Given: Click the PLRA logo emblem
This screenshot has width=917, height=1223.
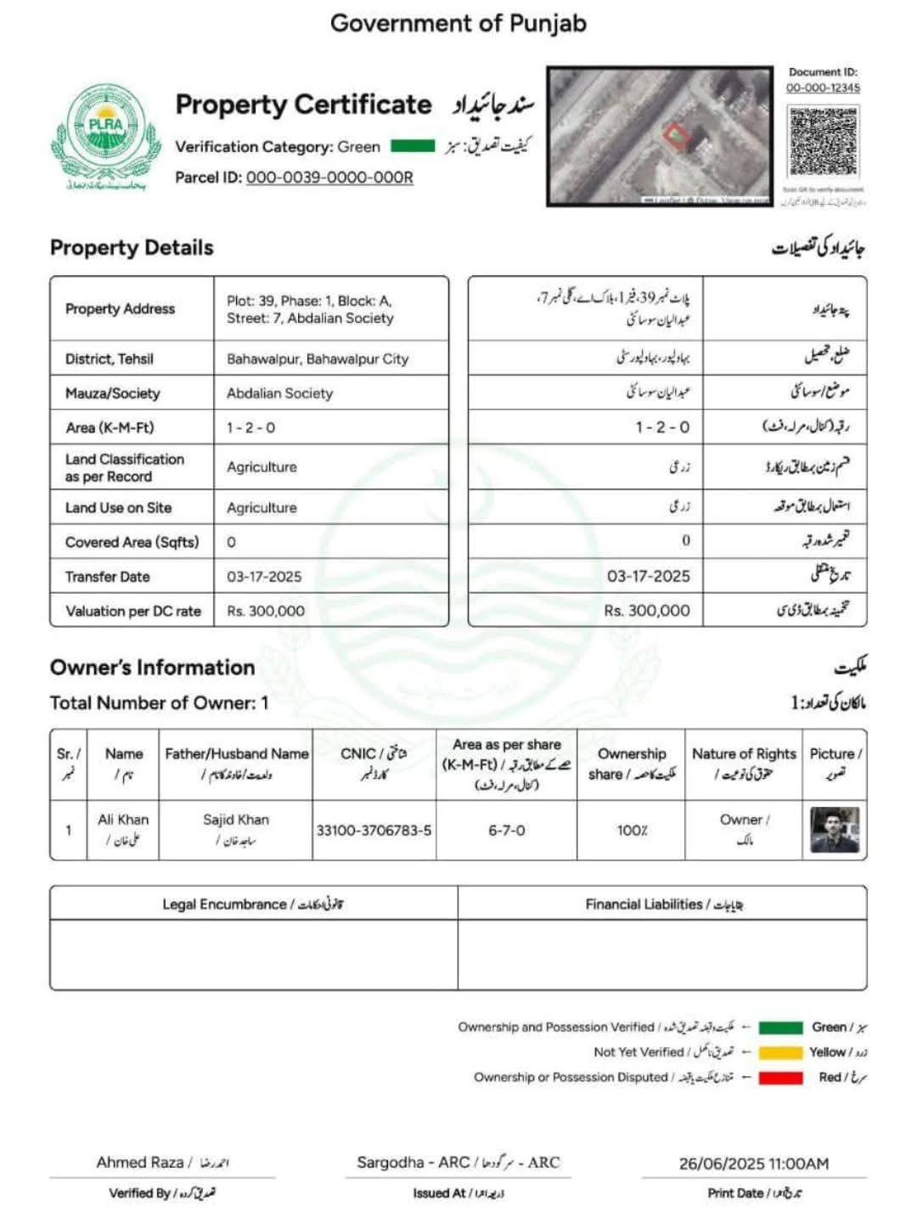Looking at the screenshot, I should (105, 135).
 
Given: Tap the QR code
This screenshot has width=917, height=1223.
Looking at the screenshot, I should (822, 141).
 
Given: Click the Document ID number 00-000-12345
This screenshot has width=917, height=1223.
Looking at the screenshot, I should (822, 87).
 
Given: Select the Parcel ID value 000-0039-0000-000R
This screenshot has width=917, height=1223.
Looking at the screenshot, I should (329, 178).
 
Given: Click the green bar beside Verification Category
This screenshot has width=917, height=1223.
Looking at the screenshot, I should (413, 146).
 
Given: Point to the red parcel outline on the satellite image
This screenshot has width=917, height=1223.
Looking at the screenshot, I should (675, 135).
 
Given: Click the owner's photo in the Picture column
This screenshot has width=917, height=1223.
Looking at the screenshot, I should (834, 830).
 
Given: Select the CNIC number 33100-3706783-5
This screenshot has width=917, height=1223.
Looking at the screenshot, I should (374, 830).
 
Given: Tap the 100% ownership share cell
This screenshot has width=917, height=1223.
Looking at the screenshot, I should (632, 830).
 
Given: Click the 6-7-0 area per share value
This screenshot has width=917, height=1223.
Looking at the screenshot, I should (506, 830).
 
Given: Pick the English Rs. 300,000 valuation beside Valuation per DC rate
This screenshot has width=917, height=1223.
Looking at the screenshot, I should (266, 611).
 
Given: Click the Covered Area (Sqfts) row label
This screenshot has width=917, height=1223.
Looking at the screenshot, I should (132, 542).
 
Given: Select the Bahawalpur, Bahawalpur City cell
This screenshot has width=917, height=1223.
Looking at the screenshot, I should (318, 359).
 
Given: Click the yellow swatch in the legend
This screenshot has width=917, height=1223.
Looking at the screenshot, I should (780, 1052).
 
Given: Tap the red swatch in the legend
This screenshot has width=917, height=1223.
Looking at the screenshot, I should (780, 1078).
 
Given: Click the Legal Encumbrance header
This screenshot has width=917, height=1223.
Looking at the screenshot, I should (253, 904).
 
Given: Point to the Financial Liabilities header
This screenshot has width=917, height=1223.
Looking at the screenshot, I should (664, 904).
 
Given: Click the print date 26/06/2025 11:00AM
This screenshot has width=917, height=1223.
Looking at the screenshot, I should (753, 1164).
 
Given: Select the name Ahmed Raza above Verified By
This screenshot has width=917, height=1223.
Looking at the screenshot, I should (140, 1162).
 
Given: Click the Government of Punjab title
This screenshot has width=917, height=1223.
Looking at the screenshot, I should (458, 23).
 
